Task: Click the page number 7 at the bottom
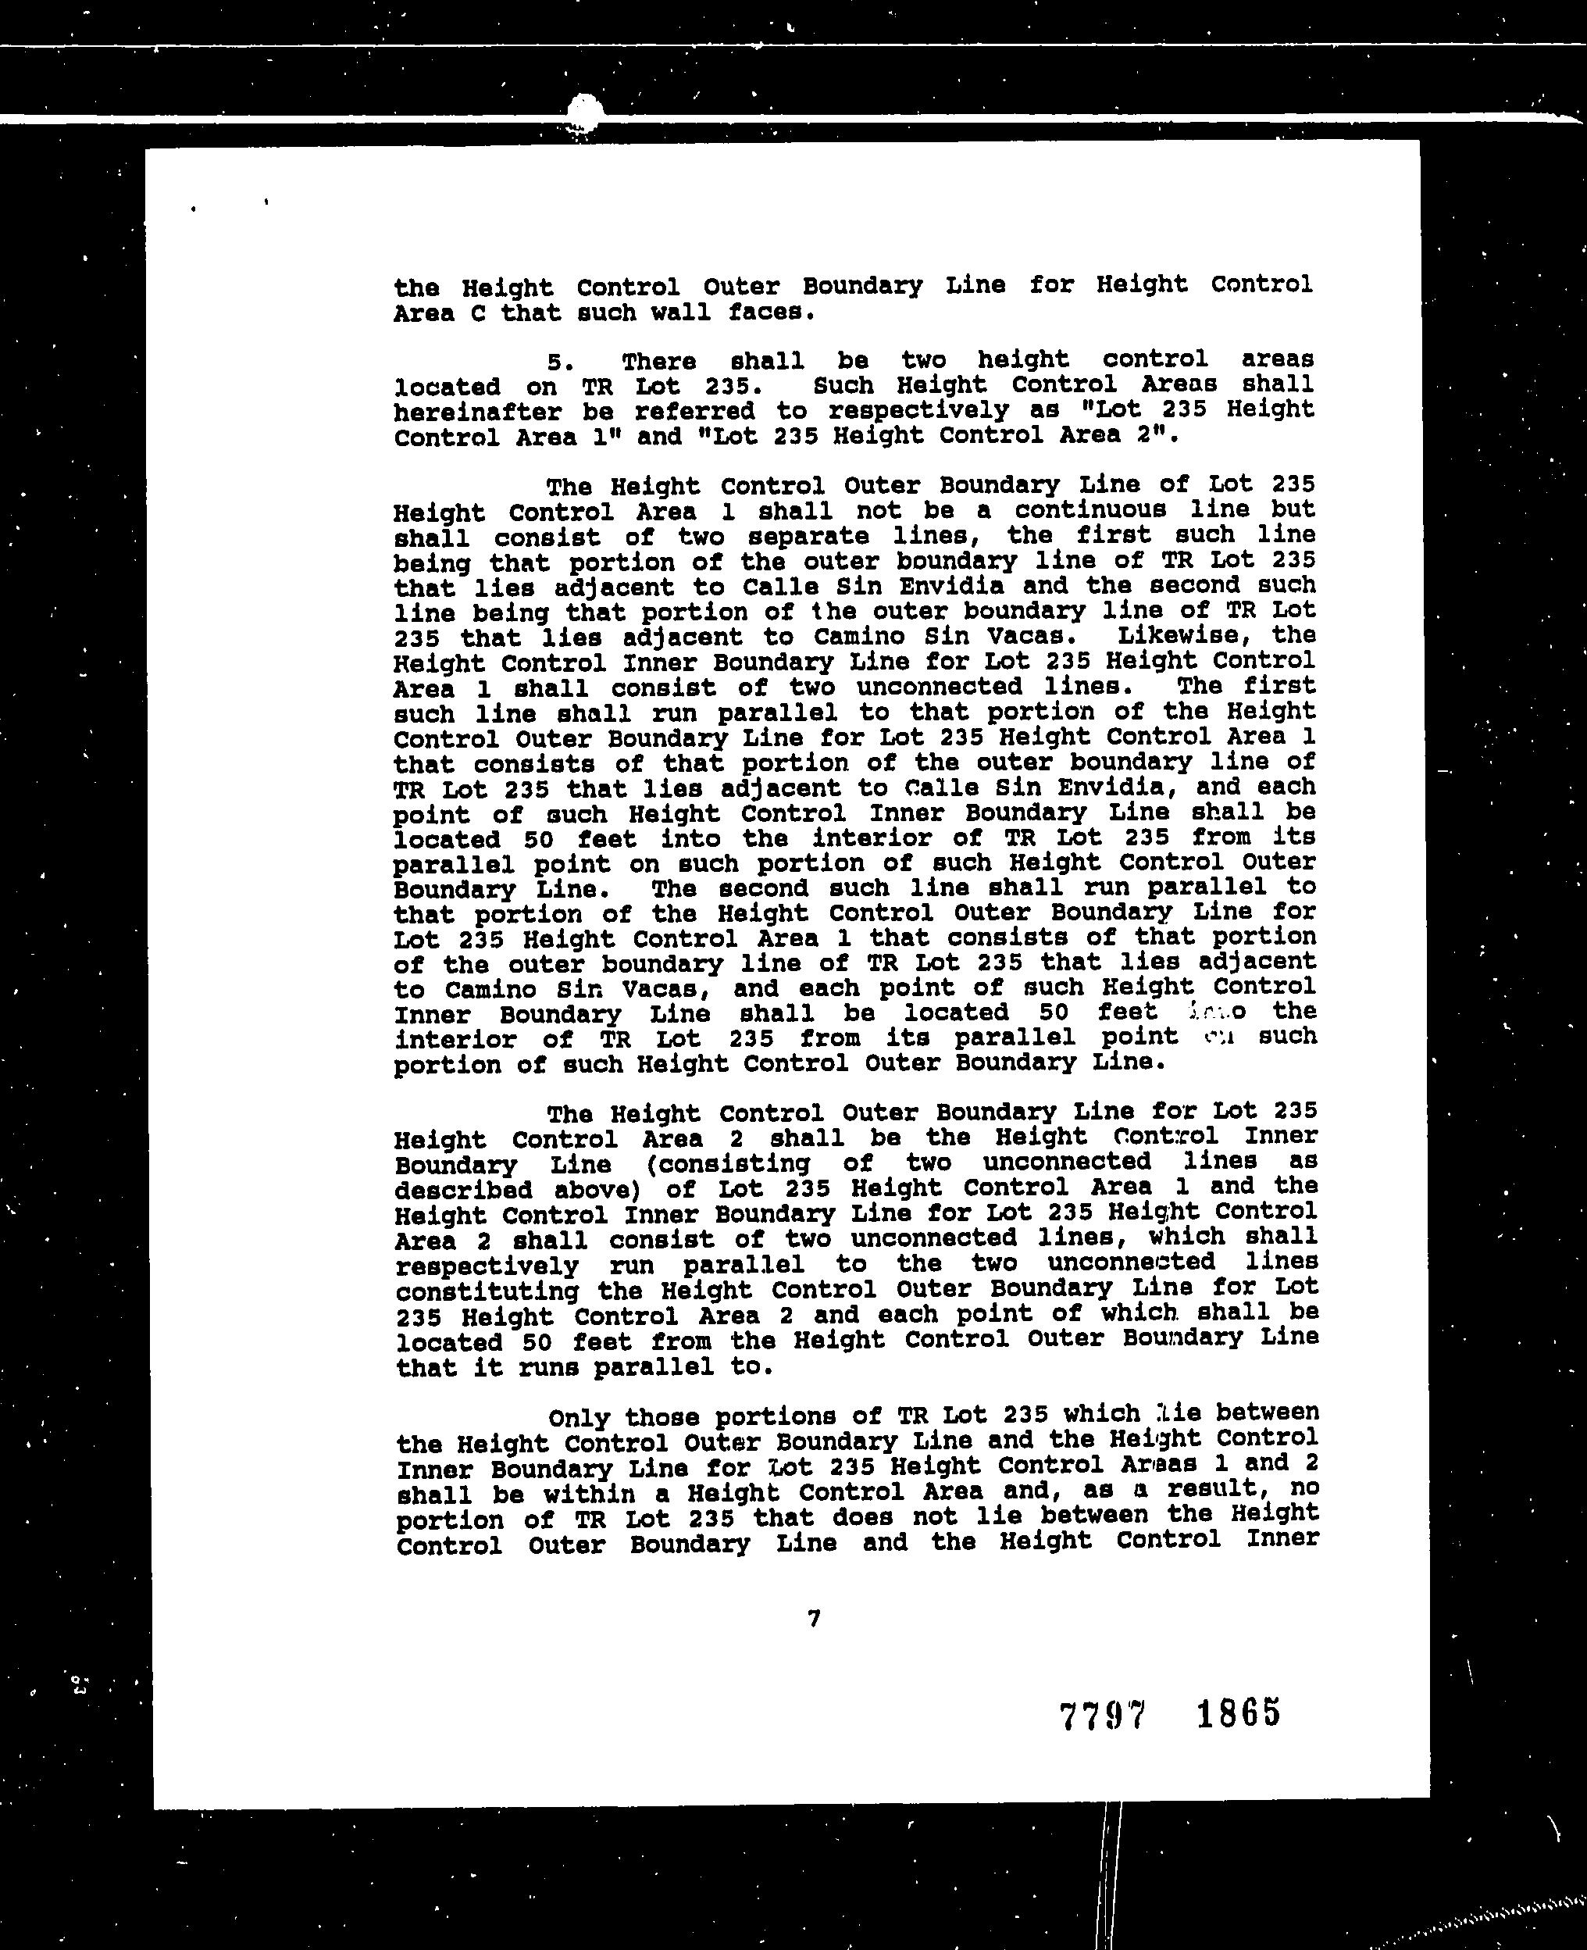click(814, 1619)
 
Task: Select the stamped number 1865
click(1239, 1712)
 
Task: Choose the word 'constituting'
click(487, 1291)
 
